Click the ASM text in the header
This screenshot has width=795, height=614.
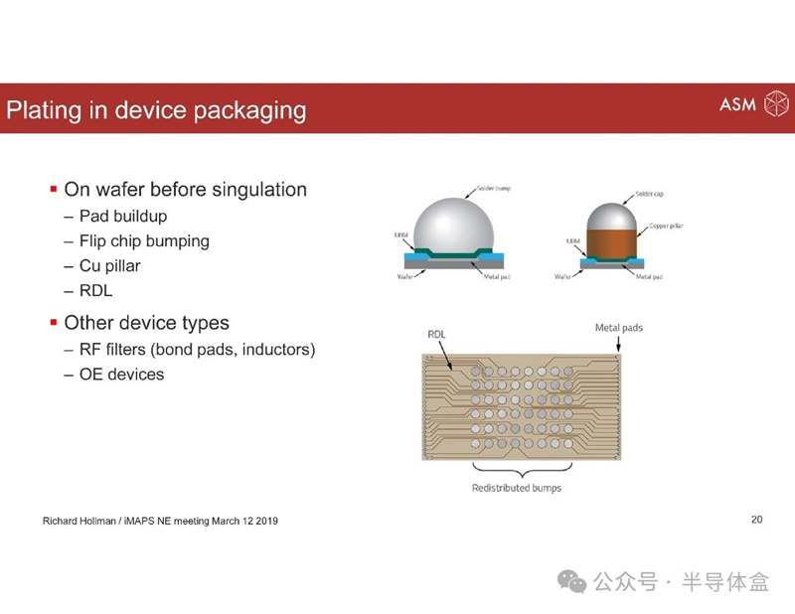(x=737, y=104)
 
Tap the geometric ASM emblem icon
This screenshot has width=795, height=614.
(x=776, y=104)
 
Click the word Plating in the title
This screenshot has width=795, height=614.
(x=44, y=110)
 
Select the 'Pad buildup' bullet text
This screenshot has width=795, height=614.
(x=123, y=216)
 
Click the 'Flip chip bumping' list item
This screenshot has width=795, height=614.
(x=144, y=240)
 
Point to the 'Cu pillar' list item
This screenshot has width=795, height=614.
(x=110, y=265)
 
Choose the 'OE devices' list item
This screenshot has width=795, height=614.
(x=121, y=375)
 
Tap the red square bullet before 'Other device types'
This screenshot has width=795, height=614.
(x=54, y=323)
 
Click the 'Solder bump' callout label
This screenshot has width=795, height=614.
(x=494, y=188)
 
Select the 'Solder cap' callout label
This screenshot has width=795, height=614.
(x=650, y=194)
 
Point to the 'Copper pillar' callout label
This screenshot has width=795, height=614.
(x=666, y=226)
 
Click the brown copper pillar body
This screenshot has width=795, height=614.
(x=611, y=242)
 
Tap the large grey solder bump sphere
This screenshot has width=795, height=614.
(x=454, y=226)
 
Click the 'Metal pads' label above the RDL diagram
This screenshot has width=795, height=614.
(x=619, y=328)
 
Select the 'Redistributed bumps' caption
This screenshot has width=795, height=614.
(x=517, y=488)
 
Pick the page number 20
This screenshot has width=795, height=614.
(x=757, y=520)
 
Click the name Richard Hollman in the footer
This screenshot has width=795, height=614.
(x=79, y=521)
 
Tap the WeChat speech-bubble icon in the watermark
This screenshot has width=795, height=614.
(x=572, y=581)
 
